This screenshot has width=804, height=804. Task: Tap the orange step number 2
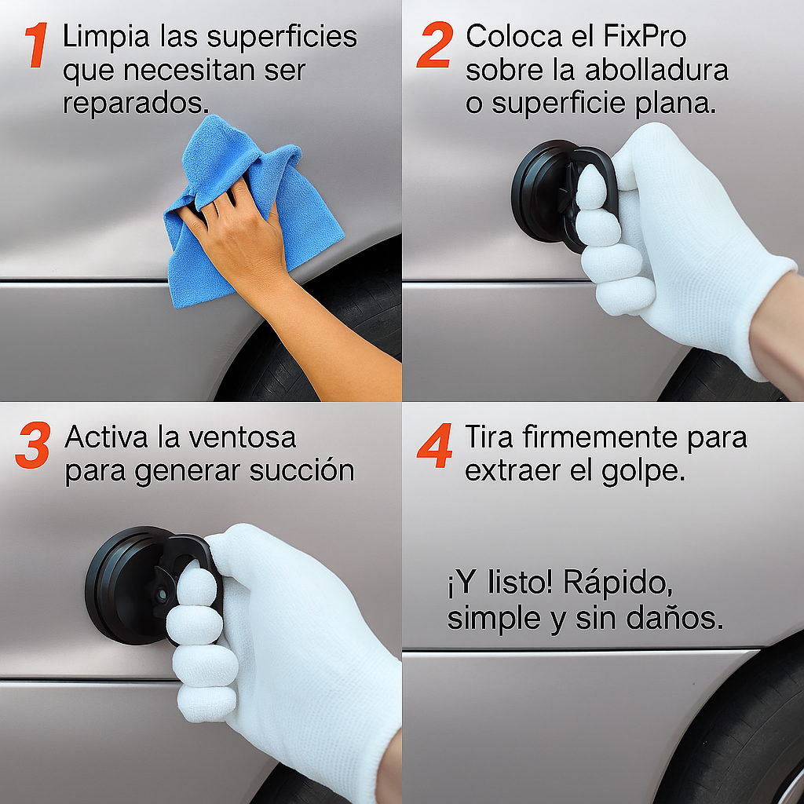pos(434,46)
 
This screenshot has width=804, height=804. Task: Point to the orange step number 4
pos(434,448)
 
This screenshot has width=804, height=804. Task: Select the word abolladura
pos(657,70)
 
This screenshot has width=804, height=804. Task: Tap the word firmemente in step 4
pos(598,437)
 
